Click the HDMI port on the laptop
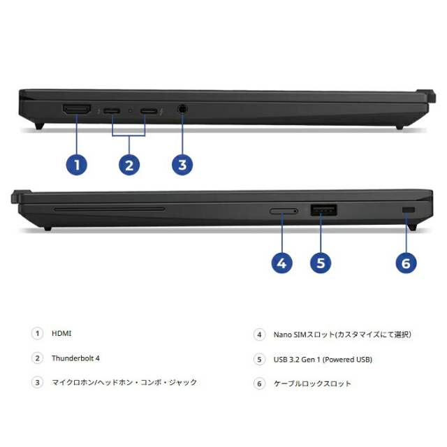coord(77,109)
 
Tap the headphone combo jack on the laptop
coord(182,109)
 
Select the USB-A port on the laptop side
coord(323,210)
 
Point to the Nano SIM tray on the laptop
coord(284,211)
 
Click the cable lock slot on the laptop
coord(408,210)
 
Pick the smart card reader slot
coord(110,210)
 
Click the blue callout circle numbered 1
coord(77,165)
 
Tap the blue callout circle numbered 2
coord(129,165)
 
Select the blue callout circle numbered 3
coord(182,165)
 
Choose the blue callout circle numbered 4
coord(281,263)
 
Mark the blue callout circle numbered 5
coord(321,263)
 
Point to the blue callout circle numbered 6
coord(406,263)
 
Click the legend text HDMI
coord(61,333)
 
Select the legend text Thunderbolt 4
coord(75,358)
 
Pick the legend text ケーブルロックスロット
coord(312,383)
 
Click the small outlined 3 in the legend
coord(37,382)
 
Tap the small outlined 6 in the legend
coord(259,383)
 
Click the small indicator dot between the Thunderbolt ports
coord(131,110)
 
